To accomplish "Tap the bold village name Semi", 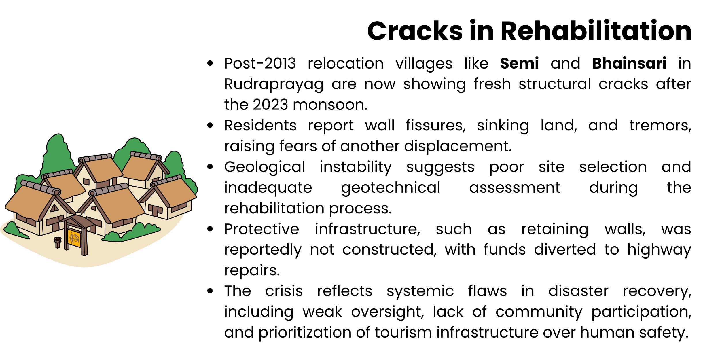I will coord(519,63).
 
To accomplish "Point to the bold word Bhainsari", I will coord(629,63).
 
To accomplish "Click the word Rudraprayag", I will coord(274,84).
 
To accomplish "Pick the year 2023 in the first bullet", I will coord(270,105).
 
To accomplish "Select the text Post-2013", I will coord(260,63).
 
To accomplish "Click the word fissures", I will coord(435,126).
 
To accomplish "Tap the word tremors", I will coord(660,126).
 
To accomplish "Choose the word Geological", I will coord(264,167).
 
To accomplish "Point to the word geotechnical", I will coord(391,188).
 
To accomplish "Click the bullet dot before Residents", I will coord(210,125).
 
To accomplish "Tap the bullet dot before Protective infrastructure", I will coord(210,229).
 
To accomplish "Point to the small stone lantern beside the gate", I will coord(58,242).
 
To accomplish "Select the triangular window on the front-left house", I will coord(54,208).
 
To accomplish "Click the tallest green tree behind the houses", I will coord(58,153).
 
